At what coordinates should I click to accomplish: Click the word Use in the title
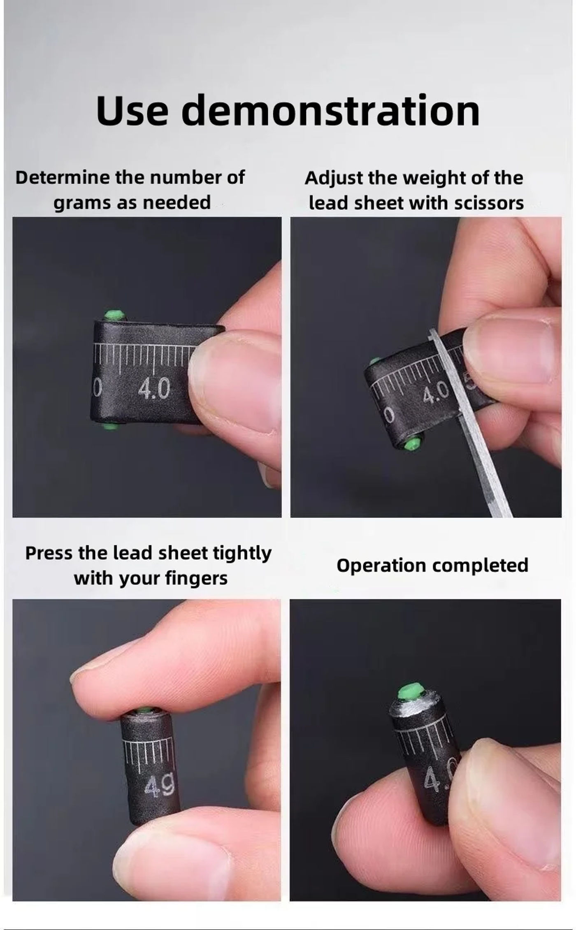click(132, 111)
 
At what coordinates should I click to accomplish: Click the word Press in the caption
click(49, 553)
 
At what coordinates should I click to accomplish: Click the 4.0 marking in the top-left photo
click(153, 389)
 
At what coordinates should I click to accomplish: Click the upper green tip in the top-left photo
click(114, 316)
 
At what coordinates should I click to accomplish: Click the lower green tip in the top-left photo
click(110, 426)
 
